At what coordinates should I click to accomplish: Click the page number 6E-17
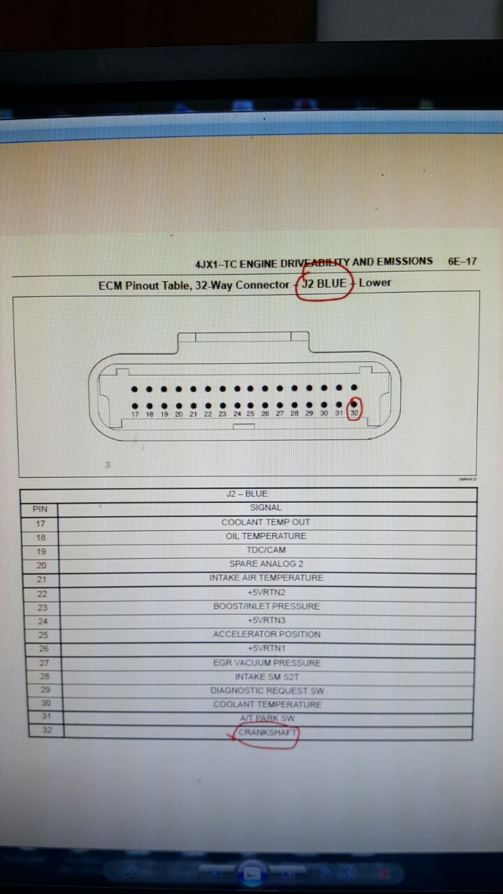tap(462, 262)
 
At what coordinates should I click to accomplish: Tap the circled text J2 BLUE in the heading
tap(324, 284)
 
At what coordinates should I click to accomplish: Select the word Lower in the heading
tap(375, 283)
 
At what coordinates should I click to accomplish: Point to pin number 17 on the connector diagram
tap(135, 414)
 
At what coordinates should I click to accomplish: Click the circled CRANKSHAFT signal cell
tap(267, 733)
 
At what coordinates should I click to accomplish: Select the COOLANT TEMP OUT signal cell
tap(265, 522)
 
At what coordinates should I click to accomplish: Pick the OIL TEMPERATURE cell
tap(265, 536)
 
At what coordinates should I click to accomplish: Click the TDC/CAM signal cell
tap(265, 550)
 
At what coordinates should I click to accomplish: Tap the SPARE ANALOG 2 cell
tap(265, 564)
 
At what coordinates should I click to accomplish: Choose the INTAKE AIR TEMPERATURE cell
tap(265, 578)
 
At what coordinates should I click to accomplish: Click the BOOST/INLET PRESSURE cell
tap(265, 606)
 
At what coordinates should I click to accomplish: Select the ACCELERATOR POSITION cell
tap(266, 635)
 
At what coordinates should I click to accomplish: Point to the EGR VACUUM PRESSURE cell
tap(266, 663)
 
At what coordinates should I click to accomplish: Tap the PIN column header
tap(40, 509)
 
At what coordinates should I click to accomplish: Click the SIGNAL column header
tap(265, 508)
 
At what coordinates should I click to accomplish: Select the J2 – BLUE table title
tap(247, 494)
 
